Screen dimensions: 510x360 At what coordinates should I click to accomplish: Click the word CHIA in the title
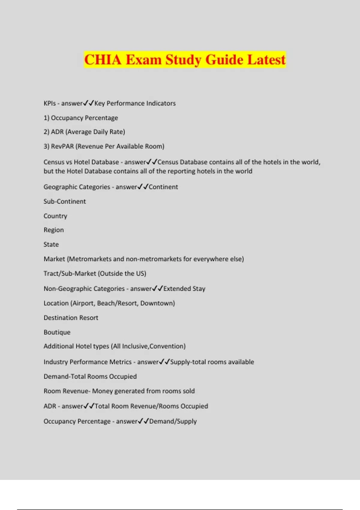point(103,59)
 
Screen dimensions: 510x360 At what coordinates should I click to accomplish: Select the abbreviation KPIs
point(49,103)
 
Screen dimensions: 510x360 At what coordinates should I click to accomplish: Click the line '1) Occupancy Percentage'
point(81,118)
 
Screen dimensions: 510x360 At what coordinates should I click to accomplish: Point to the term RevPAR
point(62,146)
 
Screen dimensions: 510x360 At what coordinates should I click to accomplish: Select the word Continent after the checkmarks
point(163,187)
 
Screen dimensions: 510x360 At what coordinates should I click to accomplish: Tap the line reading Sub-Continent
point(64,201)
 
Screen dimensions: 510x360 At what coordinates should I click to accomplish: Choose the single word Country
point(55,216)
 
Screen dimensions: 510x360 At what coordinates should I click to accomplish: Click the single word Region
point(53,230)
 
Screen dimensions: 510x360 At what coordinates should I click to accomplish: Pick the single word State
point(51,244)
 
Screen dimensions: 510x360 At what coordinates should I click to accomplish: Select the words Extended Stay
point(184,289)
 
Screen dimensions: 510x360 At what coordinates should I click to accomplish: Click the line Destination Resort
point(71,318)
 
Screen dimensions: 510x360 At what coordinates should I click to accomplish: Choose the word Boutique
point(57,332)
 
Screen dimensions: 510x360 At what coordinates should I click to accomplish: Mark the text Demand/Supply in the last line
point(173,421)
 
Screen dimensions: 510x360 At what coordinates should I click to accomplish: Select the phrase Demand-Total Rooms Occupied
point(90,376)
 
